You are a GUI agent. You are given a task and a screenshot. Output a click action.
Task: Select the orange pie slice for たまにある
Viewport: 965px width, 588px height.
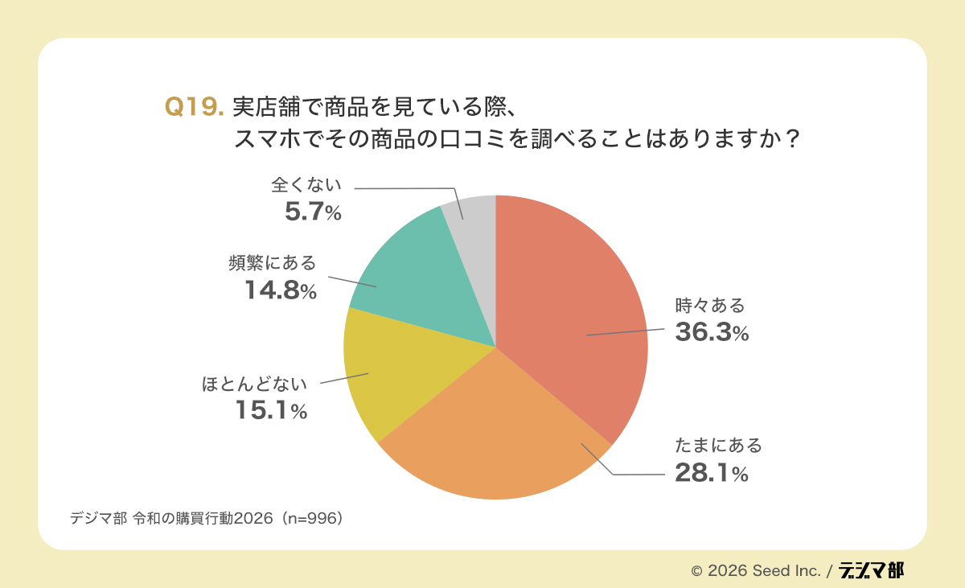click(x=491, y=434)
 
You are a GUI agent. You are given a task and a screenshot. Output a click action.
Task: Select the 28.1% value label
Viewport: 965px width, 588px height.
click(x=712, y=474)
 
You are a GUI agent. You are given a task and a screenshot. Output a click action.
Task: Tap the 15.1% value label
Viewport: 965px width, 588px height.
click(x=271, y=411)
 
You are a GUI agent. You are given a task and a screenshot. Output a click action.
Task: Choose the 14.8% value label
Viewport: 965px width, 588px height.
click(x=281, y=290)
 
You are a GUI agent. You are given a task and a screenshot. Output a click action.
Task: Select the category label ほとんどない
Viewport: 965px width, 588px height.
click(x=254, y=384)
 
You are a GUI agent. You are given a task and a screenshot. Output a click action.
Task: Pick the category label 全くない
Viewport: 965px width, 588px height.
click(x=306, y=185)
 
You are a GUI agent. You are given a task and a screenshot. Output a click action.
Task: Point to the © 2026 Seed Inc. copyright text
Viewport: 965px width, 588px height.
click(x=755, y=570)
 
